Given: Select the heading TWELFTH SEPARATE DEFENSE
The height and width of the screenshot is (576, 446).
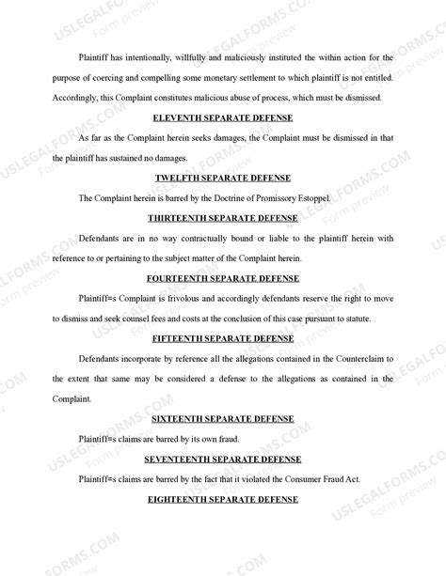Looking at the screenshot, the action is [223, 178].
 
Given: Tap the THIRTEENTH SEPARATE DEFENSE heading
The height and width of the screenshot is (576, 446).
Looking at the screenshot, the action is [223, 218].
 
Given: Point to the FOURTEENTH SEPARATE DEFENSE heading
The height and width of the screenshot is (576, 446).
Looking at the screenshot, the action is [223, 279].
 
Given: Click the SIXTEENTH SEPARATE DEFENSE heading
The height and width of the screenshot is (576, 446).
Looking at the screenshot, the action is [223, 418].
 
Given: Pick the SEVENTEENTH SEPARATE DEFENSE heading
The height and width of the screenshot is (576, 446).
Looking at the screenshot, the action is [223, 459].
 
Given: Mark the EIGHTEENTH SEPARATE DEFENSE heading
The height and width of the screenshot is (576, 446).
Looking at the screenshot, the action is [223, 499].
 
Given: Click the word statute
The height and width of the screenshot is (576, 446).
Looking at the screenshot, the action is [354, 319].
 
